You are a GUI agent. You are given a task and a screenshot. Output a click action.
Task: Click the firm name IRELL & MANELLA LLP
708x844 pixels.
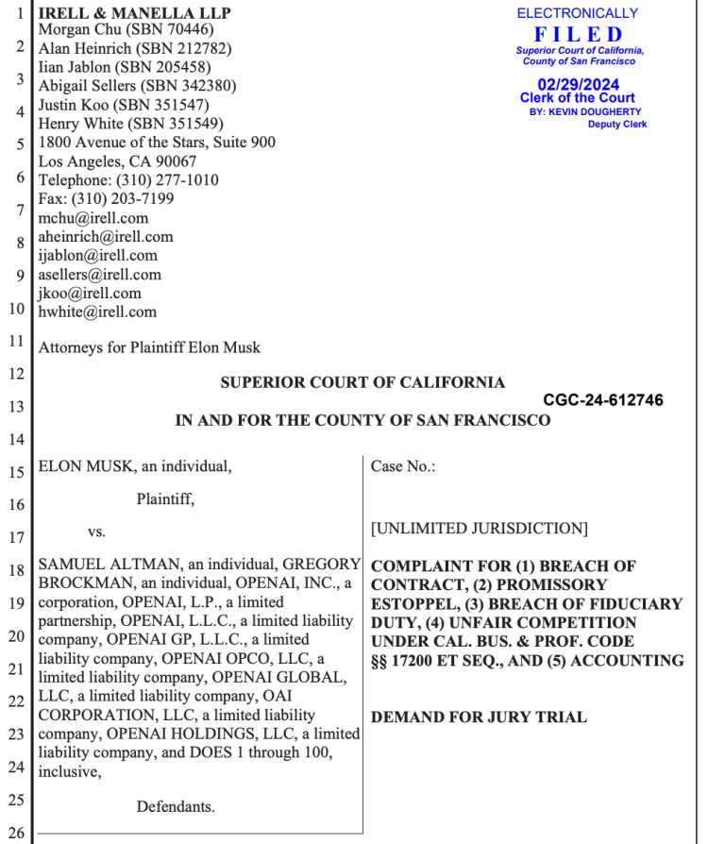pos(134,13)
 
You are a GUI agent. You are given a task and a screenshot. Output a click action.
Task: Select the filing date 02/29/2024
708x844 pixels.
pos(577,83)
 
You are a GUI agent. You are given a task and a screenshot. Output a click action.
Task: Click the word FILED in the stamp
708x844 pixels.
pos(578,34)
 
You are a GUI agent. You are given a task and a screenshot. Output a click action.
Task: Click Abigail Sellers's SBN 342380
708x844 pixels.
pos(200,86)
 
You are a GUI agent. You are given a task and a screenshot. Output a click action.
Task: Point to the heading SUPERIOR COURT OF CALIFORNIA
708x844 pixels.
pos(362,382)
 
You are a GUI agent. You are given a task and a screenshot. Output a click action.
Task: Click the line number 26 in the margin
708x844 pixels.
pos(14,833)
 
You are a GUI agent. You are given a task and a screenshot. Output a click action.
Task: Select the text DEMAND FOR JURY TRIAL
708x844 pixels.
pos(479,717)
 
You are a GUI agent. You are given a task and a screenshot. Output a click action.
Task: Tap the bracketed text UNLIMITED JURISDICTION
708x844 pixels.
pos(480,529)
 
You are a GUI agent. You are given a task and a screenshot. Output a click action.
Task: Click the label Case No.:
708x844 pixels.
pos(403,466)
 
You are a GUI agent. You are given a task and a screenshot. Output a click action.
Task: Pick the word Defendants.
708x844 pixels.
pos(176,807)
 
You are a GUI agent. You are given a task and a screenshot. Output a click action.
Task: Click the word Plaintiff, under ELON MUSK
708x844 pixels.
pos(165,498)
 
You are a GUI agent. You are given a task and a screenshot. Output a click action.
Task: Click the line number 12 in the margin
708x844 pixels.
pos(14,374)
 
